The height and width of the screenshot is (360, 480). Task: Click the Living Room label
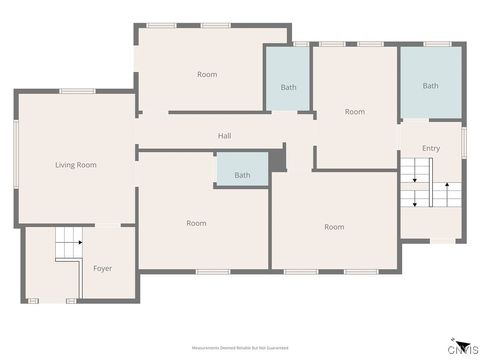[75, 164]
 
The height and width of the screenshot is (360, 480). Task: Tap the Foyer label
[102, 268]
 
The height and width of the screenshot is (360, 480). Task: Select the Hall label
[225, 135]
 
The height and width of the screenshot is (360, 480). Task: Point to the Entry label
[430, 149]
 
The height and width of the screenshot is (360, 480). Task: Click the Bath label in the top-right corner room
[430, 86]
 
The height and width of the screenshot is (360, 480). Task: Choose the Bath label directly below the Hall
[242, 175]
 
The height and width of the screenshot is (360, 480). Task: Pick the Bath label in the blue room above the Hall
[288, 87]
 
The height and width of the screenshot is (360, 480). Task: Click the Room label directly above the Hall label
[207, 74]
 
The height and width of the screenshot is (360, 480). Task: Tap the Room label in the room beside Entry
[355, 112]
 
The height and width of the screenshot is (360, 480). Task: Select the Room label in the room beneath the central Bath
[196, 223]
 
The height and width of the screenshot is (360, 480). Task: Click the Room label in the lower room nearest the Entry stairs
[334, 227]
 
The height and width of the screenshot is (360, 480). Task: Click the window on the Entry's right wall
[464, 139]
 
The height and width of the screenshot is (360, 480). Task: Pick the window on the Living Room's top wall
[76, 91]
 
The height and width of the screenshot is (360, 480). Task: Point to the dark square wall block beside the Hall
[278, 158]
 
